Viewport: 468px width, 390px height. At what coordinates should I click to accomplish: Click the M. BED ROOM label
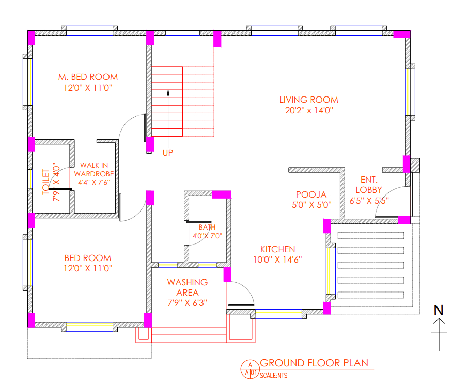tap(88, 77)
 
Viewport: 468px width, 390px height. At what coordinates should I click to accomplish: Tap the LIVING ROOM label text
tap(309, 100)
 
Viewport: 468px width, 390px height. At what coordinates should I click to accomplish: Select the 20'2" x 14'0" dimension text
tap(309, 110)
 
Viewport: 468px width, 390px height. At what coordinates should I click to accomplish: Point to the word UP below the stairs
tap(168, 153)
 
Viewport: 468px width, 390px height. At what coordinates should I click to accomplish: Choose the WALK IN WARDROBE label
tap(93, 170)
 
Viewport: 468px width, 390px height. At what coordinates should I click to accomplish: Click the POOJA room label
tap(311, 194)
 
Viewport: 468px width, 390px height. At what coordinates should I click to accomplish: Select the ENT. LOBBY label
tap(369, 185)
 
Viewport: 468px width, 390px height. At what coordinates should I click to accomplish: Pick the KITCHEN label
tap(277, 249)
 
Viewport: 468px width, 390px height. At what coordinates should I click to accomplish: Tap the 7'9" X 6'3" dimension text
tap(187, 303)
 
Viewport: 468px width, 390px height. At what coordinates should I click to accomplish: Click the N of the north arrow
tap(439, 310)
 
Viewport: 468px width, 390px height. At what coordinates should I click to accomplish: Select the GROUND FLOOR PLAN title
tap(314, 363)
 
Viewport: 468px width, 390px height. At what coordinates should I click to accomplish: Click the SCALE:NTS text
tap(274, 376)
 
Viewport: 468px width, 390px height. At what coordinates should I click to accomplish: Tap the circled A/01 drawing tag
tap(250, 368)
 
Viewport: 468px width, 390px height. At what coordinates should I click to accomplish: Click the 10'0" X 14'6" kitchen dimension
tap(277, 259)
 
